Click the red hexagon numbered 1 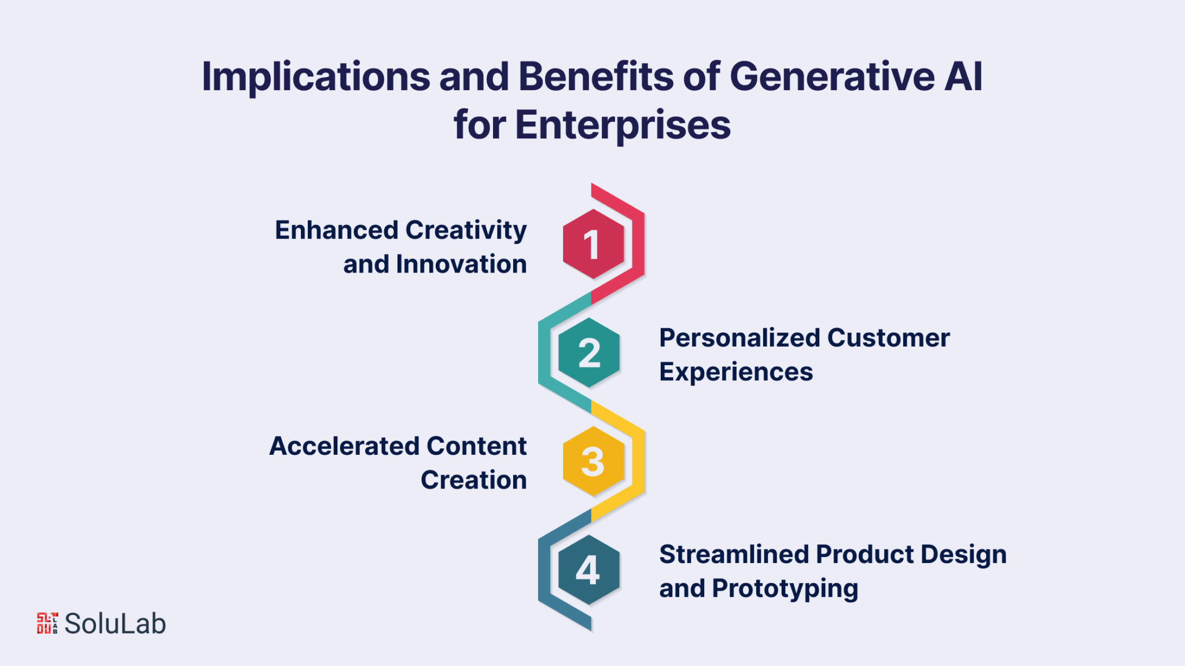pyautogui.click(x=593, y=244)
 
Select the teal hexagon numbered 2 pyautogui.click(x=589, y=352)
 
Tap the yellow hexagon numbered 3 pyautogui.click(x=593, y=461)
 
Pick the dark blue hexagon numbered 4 pyautogui.click(x=589, y=570)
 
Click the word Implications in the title pyautogui.click(x=316, y=78)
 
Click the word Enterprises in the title pyautogui.click(x=623, y=126)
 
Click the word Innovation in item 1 pyautogui.click(x=461, y=264)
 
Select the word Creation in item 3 pyautogui.click(x=473, y=480)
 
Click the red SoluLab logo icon pyautogui.click(x=47, y=623)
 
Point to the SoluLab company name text pyautogui.click(x=115, y=624)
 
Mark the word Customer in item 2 pyautogui.click(x=888, y=338)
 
